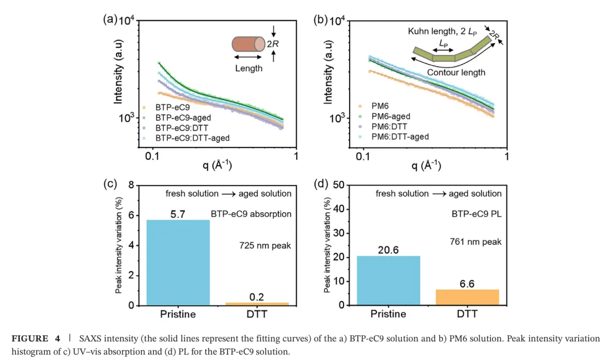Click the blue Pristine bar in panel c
point(177,262)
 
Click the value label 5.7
point(178,214)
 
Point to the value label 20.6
point(387,250)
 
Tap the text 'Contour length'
point(456,73)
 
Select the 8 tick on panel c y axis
point(131,185)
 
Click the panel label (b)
point(320,20)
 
